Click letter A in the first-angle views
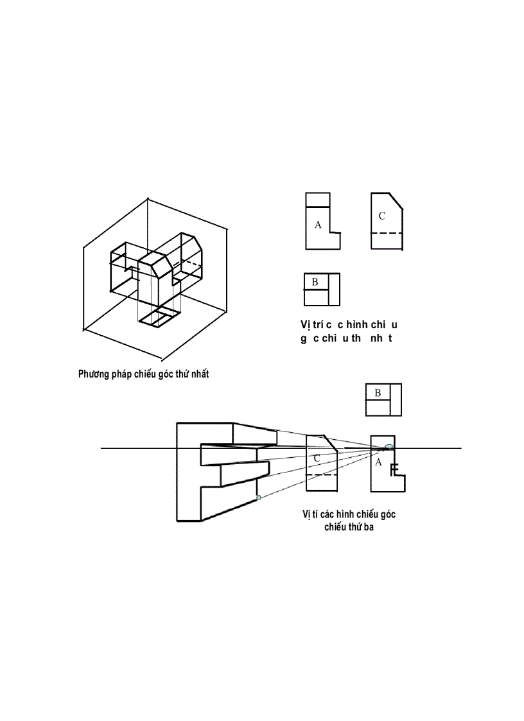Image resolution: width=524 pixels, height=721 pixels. coord(317,225)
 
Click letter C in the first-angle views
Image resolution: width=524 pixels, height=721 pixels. coord(381,216)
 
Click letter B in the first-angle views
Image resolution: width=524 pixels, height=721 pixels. coord(315,282)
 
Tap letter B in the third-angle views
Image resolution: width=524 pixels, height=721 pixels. coord(378,393)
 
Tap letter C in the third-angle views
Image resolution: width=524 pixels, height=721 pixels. coord(317,458)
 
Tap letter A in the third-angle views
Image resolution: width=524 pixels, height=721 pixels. coord(378,462)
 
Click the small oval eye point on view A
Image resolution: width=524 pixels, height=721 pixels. coord(389,446)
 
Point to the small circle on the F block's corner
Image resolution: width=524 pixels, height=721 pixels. coord(258,498)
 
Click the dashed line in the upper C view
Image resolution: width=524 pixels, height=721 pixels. coord(387,232)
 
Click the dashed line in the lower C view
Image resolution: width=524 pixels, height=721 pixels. coord(322,475)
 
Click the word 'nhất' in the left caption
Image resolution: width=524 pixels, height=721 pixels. coord(198,374)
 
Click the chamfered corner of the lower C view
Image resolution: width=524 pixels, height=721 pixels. coord(331,442)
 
